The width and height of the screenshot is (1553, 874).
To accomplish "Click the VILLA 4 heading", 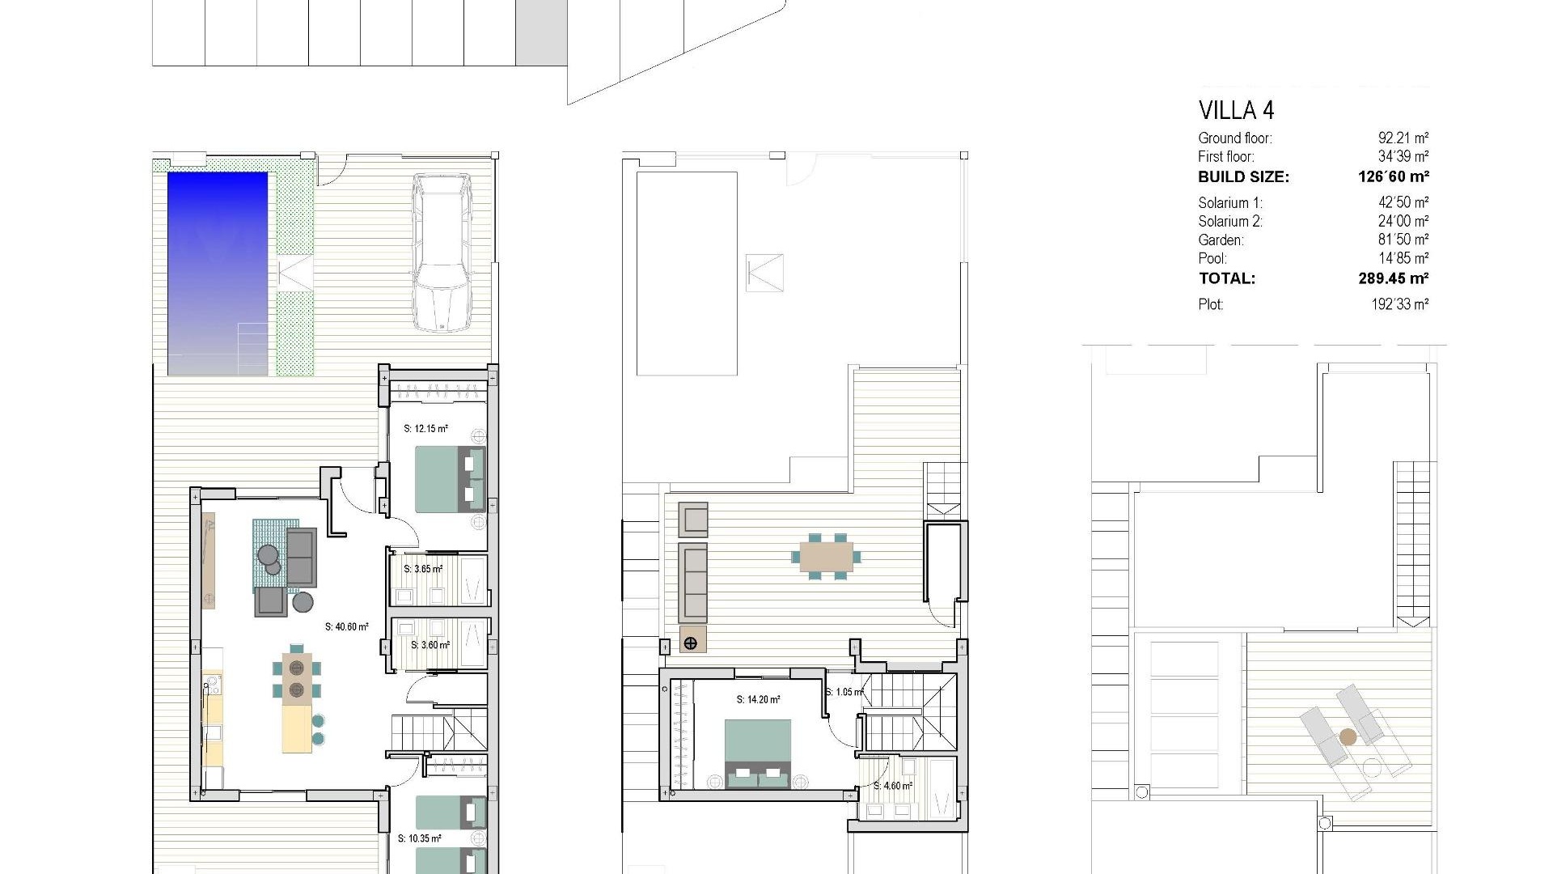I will coord(1236,110).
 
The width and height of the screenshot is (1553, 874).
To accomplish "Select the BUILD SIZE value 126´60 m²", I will coord(1393,176).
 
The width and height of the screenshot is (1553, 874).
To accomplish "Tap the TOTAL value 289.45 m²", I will coord(1393,278).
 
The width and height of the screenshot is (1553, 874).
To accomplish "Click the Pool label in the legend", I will coord(1212,259).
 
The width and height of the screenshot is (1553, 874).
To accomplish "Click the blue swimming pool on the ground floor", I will coord(218,273).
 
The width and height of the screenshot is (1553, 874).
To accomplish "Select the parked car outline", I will coord(441,252).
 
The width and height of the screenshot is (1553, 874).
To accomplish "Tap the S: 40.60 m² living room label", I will coord(347,626).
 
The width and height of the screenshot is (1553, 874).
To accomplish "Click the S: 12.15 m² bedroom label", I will coord(425,429).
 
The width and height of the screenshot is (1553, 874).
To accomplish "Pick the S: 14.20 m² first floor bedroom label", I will coord(758,700).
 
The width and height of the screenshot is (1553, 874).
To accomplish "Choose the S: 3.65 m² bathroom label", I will coord(423,569).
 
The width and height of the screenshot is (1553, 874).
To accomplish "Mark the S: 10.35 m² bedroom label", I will coord(419,839).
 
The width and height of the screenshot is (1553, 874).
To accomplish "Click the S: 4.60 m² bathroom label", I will coord(893,786).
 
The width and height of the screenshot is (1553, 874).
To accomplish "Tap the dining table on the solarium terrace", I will coord(826,557).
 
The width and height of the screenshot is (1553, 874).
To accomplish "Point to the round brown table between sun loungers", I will coord(1348,737).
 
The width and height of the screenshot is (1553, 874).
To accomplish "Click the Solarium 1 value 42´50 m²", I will coord(1403,203).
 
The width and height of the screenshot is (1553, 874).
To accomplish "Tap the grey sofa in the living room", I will coord(301,557).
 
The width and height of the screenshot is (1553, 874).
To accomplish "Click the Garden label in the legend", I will coord(1221,240).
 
